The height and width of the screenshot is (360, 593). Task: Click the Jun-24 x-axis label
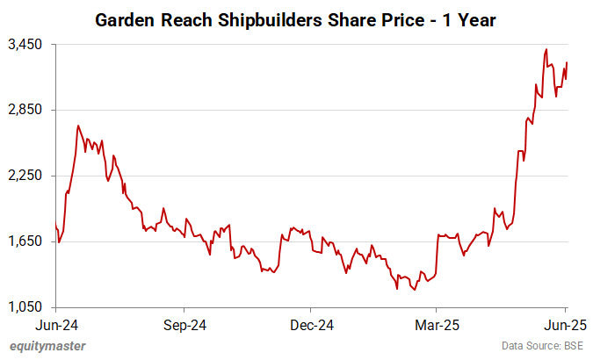pyautogui.click(x=55, y=325)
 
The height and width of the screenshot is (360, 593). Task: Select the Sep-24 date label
pyautogui.click(x=184, y=325)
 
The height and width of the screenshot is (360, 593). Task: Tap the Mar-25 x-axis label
pyautogui.click(x=437, y=325)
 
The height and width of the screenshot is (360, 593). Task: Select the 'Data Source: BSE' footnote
pyautogui.click(x=542, y=346)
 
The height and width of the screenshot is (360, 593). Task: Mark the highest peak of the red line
pyautogui.click(x=547, y=49)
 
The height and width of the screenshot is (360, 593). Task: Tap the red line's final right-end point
pyautogui.click(x=567, y=62)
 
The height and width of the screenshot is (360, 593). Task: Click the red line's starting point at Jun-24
pyautogui.click(x=56, y=227)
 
